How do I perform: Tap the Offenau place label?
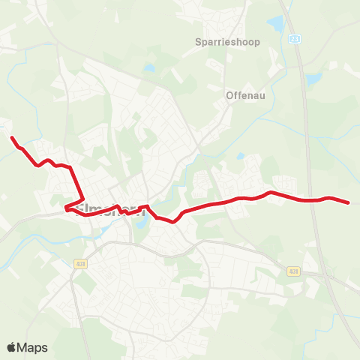244,95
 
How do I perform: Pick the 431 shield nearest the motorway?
293,271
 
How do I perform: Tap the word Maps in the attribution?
33,347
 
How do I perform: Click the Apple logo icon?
12,347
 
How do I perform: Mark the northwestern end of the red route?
11,136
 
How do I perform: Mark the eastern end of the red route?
349,202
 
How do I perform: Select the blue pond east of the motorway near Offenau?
313,78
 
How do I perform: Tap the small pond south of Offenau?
240,157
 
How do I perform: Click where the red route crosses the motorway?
312,200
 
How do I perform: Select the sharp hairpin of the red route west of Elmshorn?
66,208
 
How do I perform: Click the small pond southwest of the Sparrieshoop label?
149,67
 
